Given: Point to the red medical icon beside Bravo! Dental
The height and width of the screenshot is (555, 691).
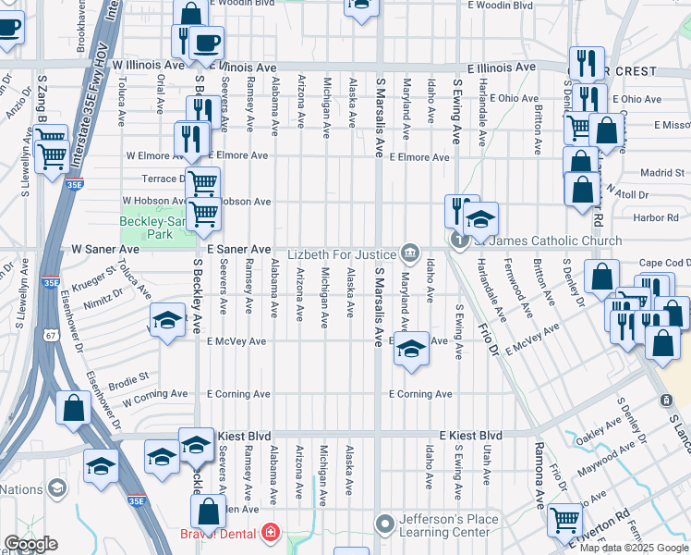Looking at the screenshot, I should coord(270,533).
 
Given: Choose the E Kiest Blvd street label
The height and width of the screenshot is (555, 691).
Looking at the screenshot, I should coord(470,435).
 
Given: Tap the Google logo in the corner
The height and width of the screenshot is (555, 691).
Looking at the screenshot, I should coord(30,543).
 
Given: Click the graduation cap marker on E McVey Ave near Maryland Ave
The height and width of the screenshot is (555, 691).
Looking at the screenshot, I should coord(413,349).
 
